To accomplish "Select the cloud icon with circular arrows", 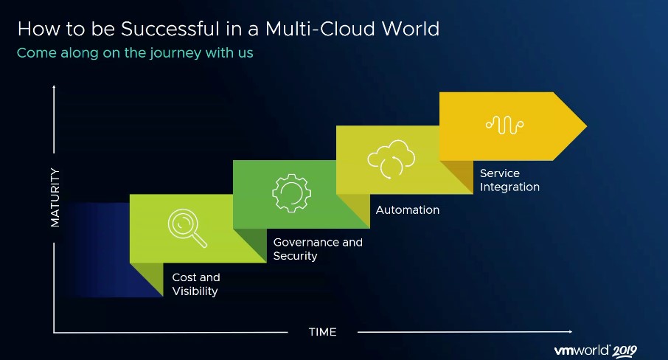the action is (x=391, y=159).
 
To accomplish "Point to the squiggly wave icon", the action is (x=505, y=125).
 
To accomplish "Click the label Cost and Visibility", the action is (x=196, y=284).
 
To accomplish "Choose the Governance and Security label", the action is (x=318, y=249).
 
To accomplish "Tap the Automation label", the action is (x=407, y=210).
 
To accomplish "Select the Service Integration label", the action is (x=509, y=180).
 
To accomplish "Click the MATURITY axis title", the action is (x=55, y=197).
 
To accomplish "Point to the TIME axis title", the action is (x=322, y=332).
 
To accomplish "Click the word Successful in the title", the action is (x=171, y=29).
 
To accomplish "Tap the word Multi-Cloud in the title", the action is (x=320, y=29).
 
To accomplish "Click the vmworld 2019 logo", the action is (x=596, y=350).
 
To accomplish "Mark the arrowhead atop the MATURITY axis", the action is (x=54, y=88).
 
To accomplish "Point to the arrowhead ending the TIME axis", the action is (x=569, y=331).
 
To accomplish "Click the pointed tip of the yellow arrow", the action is (x=587, y=126).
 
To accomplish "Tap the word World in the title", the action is (x=410, y=29).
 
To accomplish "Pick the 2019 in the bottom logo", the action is (x=624, y=351).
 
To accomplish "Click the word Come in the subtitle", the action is (x=36, y=53).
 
